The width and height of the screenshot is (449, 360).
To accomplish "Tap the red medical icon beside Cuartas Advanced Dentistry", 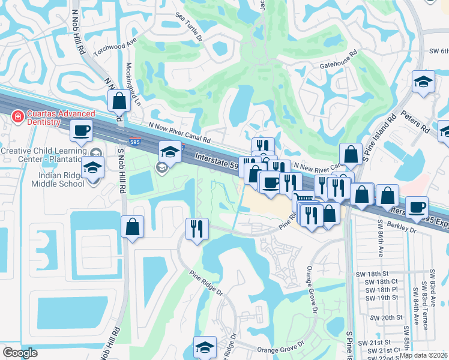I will tap(18, 114).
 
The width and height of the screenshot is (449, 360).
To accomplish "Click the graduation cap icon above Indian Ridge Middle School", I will tap(92, 168).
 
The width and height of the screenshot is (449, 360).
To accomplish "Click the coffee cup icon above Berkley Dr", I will tap(417, 207).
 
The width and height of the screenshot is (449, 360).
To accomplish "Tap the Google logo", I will tap(20, 353).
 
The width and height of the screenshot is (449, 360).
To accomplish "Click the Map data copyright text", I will tap(423, 355).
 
